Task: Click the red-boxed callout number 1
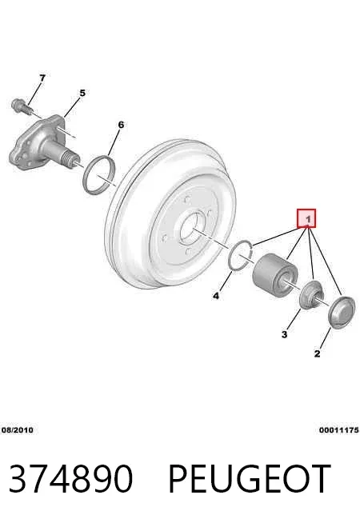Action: coord(306,219)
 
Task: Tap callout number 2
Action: coord(317,353)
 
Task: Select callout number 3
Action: coord(284,334)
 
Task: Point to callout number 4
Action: coord(216,296)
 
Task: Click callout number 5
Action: coord(82,93)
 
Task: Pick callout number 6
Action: coord(121,125)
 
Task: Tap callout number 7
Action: coord(42,78)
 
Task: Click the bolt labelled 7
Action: coord(22,106)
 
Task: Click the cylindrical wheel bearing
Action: coord(274,275)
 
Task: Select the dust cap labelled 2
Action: coord(341,312)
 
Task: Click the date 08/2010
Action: coord(18,430)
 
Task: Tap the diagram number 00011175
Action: coord(339,430)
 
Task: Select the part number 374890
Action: coord(70,479)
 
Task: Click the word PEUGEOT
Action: coord(250,479)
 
